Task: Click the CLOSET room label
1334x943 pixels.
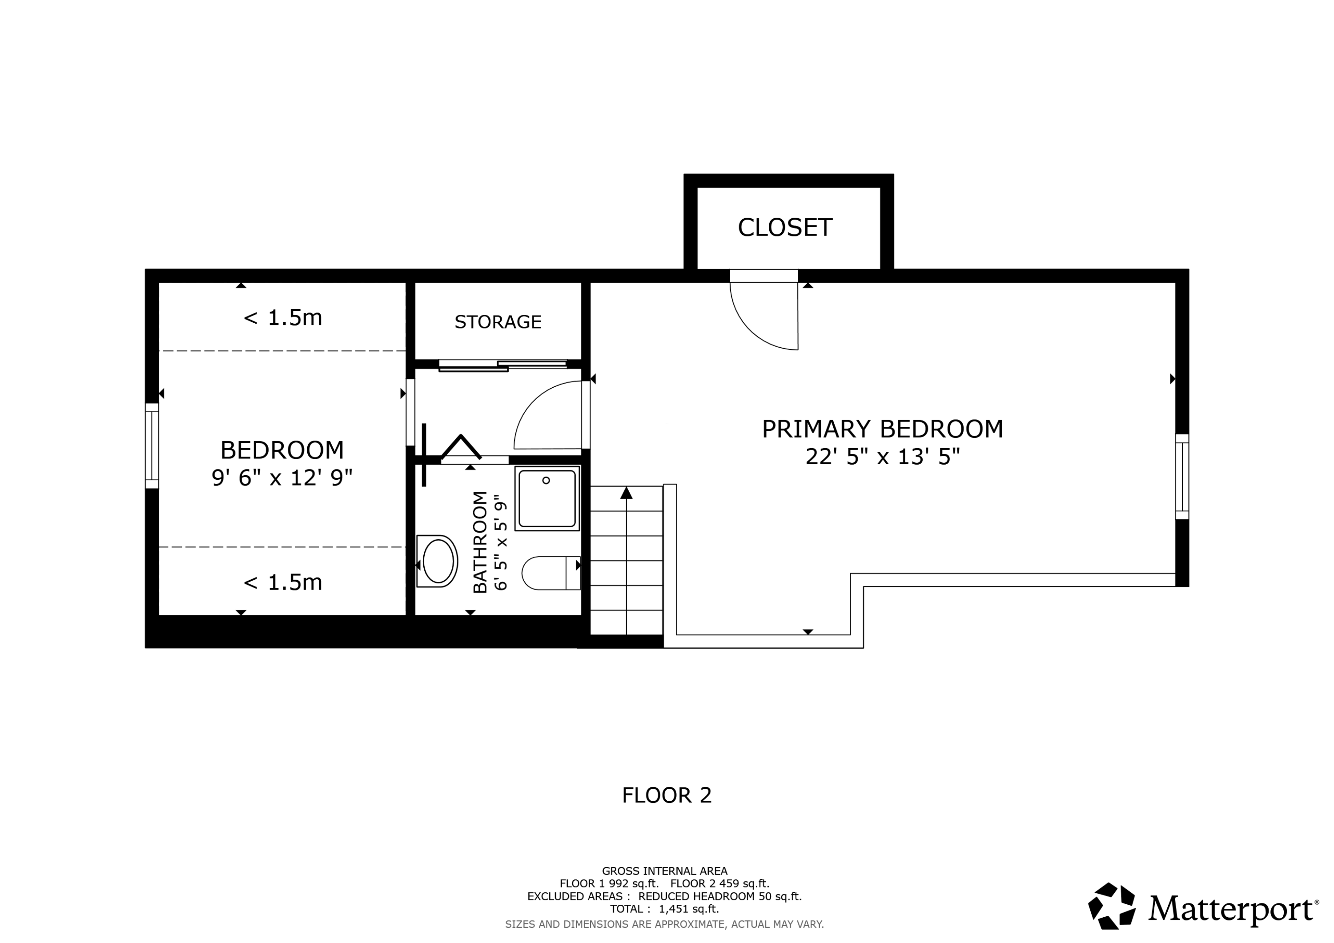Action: click(x=784, y=227)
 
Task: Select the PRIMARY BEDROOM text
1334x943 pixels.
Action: click(x=882, y=429)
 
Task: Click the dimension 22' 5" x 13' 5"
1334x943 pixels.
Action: click(x=882, y=457)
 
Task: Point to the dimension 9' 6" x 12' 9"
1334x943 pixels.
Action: click(x=282, y=478)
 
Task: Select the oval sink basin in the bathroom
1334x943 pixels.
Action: click(x=438, y=561)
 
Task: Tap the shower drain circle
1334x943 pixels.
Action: click(x=546, y=481)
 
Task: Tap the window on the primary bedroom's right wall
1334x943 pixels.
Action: click(x=1182, y=477)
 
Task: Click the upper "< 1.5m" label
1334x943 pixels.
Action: click(x=282, y=318)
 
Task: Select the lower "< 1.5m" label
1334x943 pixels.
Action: click(x=282, y=582)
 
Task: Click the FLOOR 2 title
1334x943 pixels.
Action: click(x=667, y=795)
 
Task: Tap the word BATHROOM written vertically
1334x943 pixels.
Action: click(x=480, y=542)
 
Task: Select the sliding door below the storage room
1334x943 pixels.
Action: click(x=502, y=365)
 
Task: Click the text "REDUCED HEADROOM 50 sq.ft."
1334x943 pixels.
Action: click(x=719, y=896)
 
